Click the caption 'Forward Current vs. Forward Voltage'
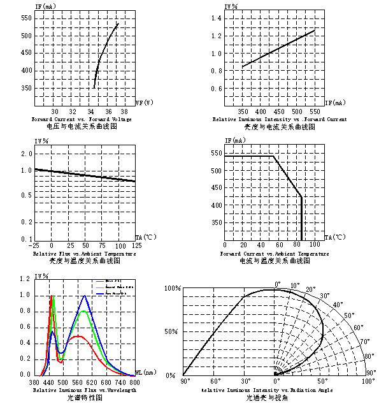(82, 119)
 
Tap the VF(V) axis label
(144, 102)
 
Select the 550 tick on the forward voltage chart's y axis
(25, 18)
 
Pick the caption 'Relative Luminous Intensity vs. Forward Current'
(280, 119)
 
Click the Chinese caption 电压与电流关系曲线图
(82, 127)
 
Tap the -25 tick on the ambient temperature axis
(34, 245)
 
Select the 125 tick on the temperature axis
(136, 245)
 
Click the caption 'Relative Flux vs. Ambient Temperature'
(84, 254)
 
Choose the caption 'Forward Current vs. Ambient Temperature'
(275, 254)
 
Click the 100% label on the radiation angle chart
(173, 289)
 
